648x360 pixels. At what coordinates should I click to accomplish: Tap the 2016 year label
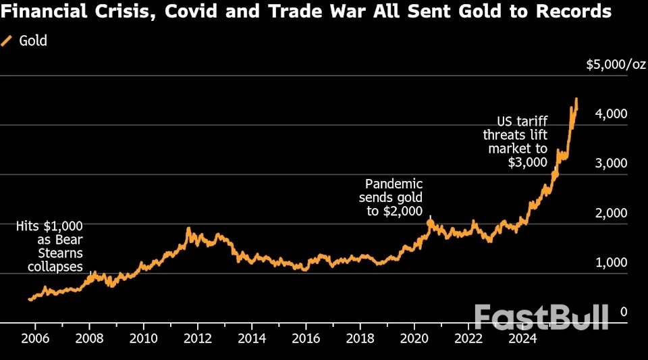click(305, 338)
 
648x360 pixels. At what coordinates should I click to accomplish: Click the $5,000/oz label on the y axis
click(616, 65)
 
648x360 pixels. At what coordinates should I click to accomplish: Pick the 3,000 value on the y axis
click(612, 163)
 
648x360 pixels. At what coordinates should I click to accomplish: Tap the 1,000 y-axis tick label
click(612, 263)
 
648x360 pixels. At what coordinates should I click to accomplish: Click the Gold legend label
click(33, 41)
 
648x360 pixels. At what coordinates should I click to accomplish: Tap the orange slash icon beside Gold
click(7, 41)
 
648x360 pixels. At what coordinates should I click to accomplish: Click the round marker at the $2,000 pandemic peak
click(430, 222)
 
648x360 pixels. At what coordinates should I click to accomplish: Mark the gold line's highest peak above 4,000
click(576, 99)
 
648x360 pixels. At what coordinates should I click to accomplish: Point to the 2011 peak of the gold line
click(188, 229)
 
